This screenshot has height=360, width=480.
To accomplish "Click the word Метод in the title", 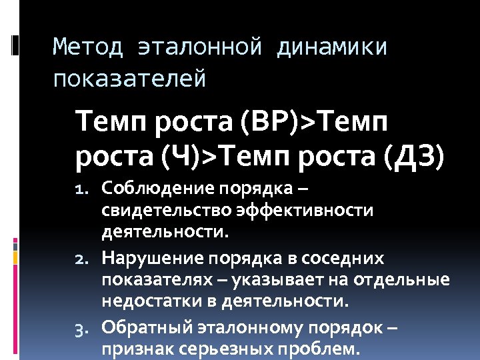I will (x=88, y=47).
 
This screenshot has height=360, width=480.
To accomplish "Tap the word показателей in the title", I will (x=129, y=79).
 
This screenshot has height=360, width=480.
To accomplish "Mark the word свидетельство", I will (x=165, y=211).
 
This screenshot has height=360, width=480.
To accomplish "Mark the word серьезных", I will (x=214, y=350).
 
